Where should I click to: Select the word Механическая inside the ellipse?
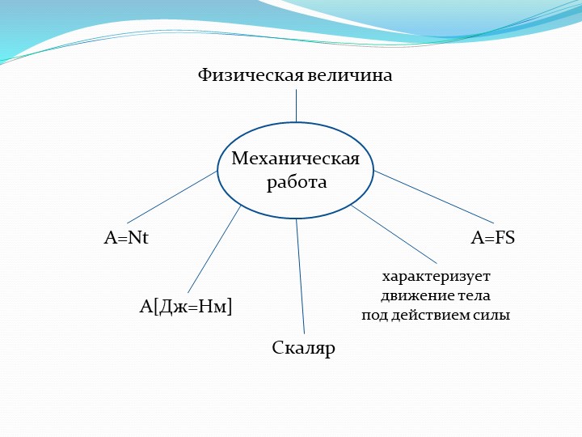[x=295, y=158]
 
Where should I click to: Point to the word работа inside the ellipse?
[x=297, y=182]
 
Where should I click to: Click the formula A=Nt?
[x=127, y=239]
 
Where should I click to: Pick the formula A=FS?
[x=493, y=239]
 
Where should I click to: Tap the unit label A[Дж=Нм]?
[x=186, y=306]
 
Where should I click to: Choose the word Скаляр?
[x=303, y=349]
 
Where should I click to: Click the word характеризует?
[x=436, y=276]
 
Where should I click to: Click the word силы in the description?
[x=495, y=315]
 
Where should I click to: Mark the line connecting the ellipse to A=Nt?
[x=172, y=197]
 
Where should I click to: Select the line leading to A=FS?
[x=433, y=197]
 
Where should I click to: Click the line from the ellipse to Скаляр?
[x=300, y=275]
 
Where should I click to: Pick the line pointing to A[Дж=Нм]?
[x=214, y=249]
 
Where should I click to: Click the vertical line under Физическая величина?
[x=296, y=105]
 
